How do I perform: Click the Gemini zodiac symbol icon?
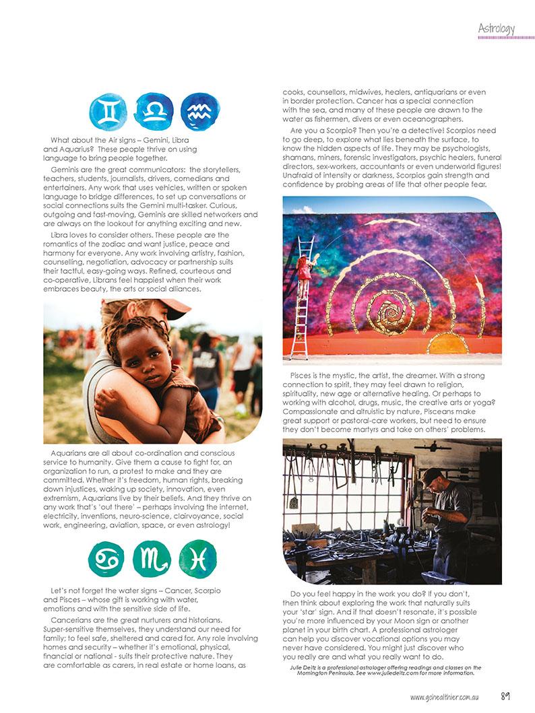coord(108,112)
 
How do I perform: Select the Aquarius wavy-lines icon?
coord(199,110)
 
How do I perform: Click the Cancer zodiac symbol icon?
coord(107,559)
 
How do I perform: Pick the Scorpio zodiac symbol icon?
coord(152,559)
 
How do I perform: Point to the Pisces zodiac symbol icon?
coord(198,559)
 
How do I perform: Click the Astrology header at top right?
coord(496,28)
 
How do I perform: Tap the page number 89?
coord(506,697)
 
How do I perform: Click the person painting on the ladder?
coord(305,265)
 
